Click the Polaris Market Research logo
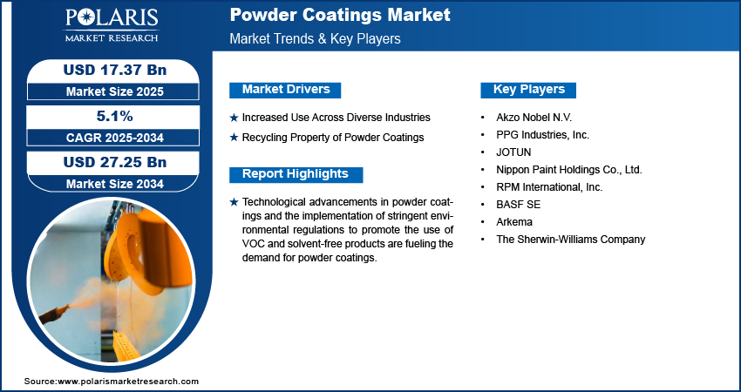point(112,25)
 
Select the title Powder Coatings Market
point(340,15)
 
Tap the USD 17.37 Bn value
point(115,70)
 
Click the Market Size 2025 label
point(115,91)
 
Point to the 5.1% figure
point(115,116)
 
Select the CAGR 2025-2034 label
point(115,138)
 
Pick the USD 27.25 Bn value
point(115,162)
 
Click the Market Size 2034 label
point(115,184)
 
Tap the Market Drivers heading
point(285,90)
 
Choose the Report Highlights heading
point(296,174)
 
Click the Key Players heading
point(528,90)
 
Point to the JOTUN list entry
point(513,152)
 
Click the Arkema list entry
point(514,221)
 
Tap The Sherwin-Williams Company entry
point(570,239)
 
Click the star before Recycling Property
point(234,138)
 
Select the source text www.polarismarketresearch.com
point(128,382)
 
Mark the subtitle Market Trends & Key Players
point(315,38)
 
